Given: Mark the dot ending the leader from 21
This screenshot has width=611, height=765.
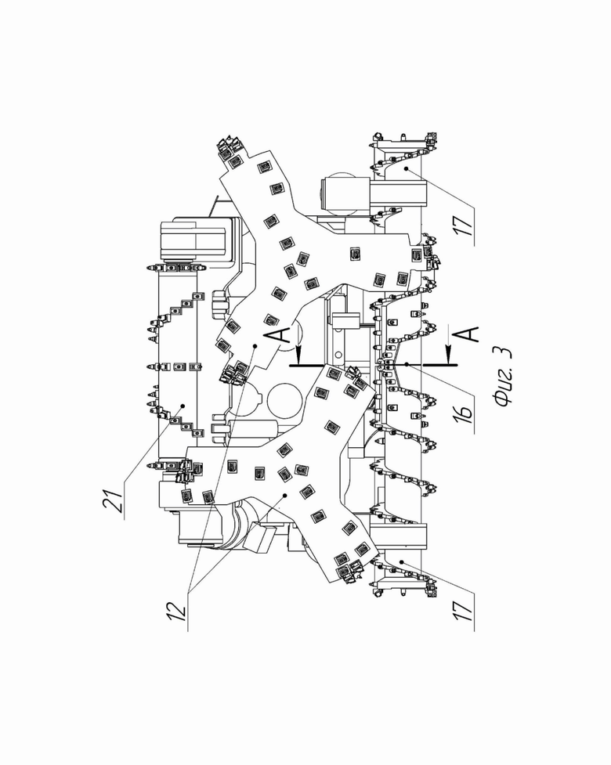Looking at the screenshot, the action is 183,406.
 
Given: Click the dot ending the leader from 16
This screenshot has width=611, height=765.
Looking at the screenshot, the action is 406,364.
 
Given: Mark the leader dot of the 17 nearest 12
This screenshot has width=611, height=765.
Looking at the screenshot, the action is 401,562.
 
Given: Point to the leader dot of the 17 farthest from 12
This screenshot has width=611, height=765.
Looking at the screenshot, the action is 406,168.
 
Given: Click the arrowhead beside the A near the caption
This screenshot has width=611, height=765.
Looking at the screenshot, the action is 449,350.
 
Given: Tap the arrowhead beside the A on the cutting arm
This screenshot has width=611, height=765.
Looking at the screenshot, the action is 298,350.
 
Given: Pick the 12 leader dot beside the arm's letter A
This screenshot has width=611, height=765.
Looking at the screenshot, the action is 255,346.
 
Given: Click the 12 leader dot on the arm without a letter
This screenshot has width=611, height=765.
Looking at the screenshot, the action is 284,495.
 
